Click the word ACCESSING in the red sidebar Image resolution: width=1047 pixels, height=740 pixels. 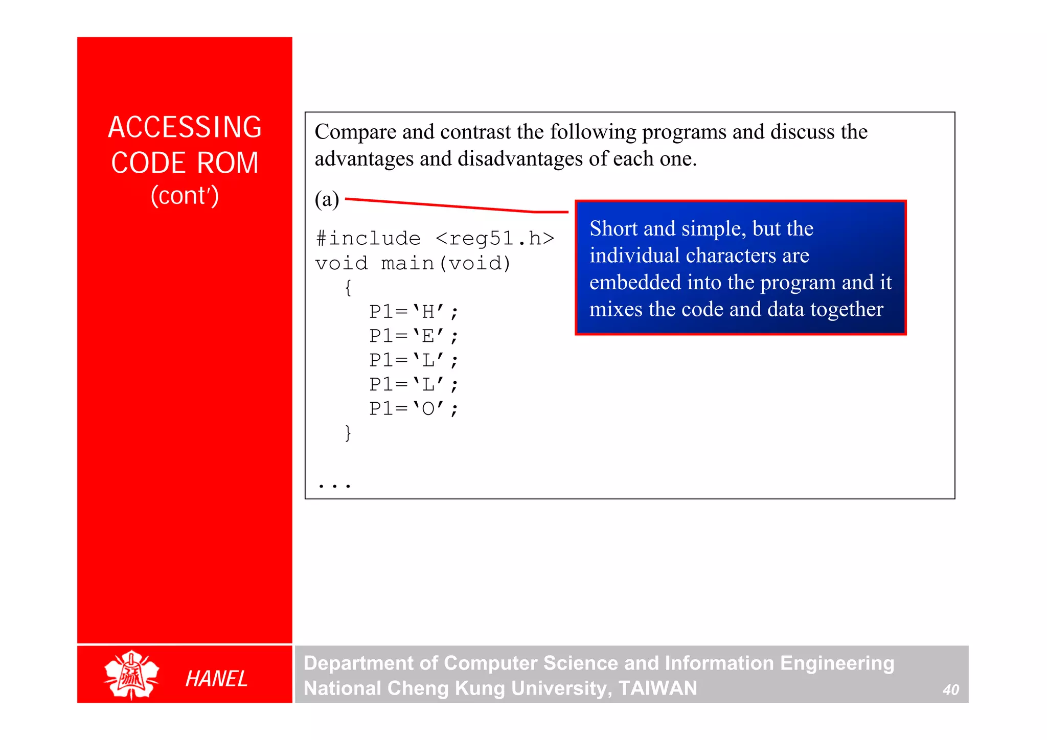185,127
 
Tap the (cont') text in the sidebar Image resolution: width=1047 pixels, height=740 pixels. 185,196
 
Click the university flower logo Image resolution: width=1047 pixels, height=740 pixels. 131,675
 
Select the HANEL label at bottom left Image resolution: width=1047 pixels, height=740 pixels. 216,679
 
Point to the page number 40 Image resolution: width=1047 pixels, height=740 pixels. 950,690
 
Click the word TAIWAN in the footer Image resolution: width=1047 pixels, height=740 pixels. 657,688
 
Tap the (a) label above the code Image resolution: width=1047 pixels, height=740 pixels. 327,199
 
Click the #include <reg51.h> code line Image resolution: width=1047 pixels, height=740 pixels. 435,238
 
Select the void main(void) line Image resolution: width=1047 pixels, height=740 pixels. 413,263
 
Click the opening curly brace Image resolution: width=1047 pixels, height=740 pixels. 348,287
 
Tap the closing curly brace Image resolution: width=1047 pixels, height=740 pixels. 348,433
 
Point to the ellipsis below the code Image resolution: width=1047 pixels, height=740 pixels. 334,485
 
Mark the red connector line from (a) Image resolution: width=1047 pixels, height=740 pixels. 455,205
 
